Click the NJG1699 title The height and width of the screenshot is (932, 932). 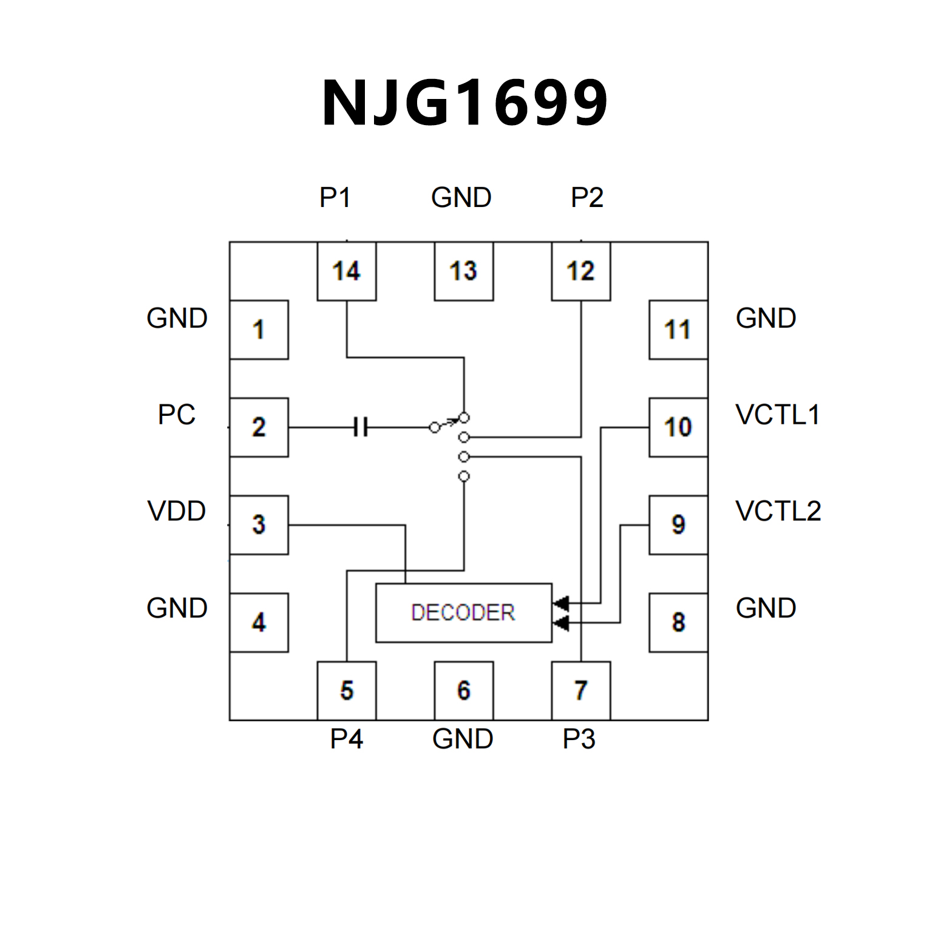point(465,103)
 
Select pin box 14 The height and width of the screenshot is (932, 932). point(347,271)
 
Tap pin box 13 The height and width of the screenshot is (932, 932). point(464,271)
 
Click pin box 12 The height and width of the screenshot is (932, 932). point(581,271)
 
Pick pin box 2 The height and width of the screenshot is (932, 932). point(259,427)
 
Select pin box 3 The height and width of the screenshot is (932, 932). point(259,525)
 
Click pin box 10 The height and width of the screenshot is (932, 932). point(678,427)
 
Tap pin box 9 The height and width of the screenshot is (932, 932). point(678,525)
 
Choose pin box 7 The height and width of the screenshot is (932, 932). point(581,690)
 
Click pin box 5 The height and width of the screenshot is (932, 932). point(347,690)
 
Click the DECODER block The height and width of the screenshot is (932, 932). point(464,613)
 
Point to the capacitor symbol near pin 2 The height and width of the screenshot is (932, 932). point(361,427)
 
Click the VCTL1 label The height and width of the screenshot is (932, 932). point(778,415)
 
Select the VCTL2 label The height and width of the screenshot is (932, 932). point(778,511)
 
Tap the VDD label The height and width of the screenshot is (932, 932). point(177,511)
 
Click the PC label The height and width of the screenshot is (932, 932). point(177,415)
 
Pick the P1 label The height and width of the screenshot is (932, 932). point(335,197)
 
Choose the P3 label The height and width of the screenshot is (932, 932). point(579,739)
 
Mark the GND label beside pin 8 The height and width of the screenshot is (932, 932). point(766,608)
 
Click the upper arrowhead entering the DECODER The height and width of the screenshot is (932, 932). point(561,603)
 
